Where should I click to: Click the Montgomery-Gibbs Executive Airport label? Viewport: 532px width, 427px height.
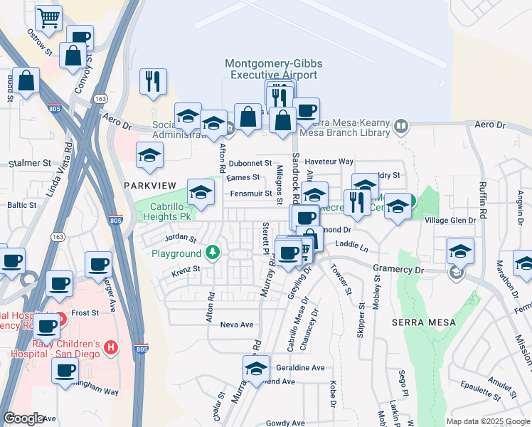(273, 69)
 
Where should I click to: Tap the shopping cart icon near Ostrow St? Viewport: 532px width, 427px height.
(48, 19)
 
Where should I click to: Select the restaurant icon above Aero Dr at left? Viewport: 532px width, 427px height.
(153, 82)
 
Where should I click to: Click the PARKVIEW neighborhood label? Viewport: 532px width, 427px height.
(149, 184)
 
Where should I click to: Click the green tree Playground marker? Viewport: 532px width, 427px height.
(212, 253)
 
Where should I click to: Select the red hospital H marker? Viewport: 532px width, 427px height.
(110, 348)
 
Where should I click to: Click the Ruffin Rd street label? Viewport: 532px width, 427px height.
(483, 203)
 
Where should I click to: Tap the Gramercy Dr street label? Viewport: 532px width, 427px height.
(398, 270)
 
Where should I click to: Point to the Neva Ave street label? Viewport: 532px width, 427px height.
(237, 325)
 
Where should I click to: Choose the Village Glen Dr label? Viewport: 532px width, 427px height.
(450, 221)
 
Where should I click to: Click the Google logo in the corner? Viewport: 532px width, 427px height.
(24, 418)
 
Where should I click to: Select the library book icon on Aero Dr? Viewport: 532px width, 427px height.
(402, 126)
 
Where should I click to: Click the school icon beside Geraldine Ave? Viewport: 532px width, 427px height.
(255, 368)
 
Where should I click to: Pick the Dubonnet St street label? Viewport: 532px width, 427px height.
(250, 163)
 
